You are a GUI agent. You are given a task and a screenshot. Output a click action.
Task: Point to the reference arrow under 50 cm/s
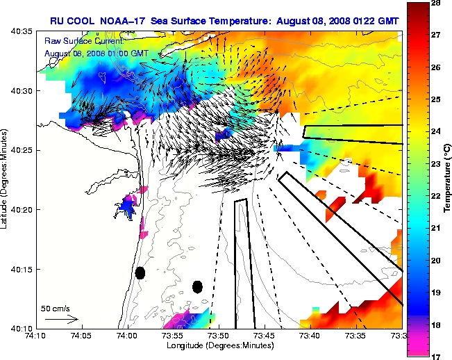tap(61, 319)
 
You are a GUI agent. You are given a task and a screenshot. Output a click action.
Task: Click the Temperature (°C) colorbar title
tap(447, 180)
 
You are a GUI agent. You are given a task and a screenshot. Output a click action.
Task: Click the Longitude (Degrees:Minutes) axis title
tap(219, 345)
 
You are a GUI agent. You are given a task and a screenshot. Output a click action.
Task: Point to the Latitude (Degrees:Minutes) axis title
tap(6, 180)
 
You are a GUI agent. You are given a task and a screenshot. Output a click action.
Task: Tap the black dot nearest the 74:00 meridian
tap(140, 273)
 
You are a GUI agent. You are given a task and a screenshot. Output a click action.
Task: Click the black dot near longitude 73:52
tap(197, 286)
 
